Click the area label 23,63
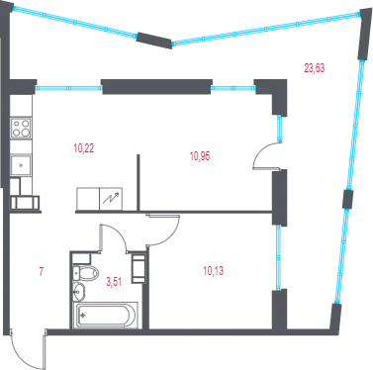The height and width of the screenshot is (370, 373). (315, 68)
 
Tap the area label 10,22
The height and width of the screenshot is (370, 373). (84, 148)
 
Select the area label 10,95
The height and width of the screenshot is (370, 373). (200, 156)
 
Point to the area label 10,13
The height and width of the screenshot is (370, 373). (213, 271)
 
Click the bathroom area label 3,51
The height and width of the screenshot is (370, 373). (114, 282)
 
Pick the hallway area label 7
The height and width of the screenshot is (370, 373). (42, 272)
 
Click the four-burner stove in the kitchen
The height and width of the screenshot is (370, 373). (21, 129)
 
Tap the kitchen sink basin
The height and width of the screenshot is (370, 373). (21, 165)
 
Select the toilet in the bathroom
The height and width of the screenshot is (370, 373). (85, 273)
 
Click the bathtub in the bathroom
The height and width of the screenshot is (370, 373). (106, 316)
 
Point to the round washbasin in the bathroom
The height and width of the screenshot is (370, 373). (79, 292)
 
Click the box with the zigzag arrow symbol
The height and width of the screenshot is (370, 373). (111, 199)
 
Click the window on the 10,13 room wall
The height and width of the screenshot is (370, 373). (279, 257)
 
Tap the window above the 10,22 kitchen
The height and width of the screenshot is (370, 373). (68, 88)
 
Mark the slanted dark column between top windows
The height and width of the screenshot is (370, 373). (154, 41)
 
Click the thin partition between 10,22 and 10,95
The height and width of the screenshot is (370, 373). (139, 182)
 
